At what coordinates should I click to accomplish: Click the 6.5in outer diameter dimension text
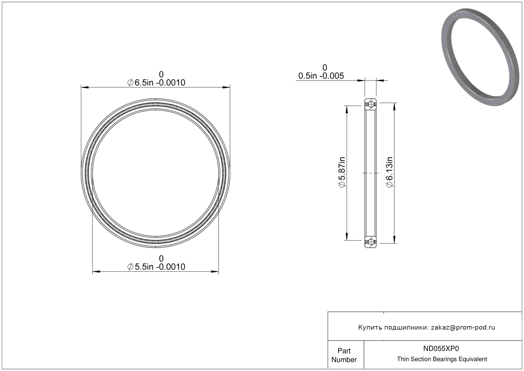click(x=156, y=82)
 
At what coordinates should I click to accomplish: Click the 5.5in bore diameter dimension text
click(x=156, y=267)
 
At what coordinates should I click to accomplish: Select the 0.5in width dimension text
click(x=321, y=76)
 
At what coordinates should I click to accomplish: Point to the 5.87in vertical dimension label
click(x=342, y=172)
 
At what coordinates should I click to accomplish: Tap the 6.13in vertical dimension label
click(x=389, y=172)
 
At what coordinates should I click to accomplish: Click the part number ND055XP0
click(x=441, y=348)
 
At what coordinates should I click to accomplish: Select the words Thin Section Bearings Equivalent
click(x=442, y=359)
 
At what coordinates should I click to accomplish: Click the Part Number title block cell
click(x=344, y=355)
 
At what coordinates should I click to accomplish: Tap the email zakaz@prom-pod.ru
click(x=463, y=327)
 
